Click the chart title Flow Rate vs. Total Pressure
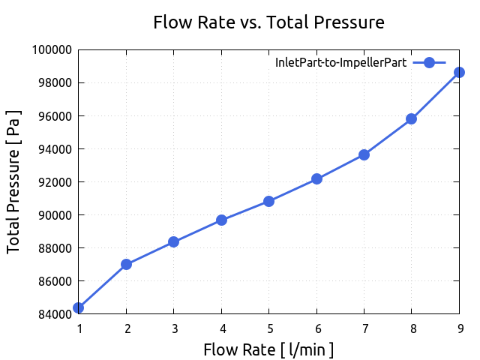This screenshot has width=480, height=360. tap(268, 22)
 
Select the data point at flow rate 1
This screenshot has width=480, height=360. tap(79, 307)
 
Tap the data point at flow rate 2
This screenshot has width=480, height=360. tap(126, 264)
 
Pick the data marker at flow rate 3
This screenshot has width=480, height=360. tap(173, 241)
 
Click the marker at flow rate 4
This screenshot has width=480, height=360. tap(221, 220)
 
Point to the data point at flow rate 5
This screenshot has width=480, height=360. tap(268, 201)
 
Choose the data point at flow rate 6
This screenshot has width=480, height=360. tap(316, 178)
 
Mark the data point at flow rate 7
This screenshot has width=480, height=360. tap(364, 154)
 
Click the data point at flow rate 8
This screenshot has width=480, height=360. tap(411, 118)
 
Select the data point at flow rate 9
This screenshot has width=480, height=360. tap(459, 72)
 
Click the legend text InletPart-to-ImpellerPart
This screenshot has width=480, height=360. tap(341, 63)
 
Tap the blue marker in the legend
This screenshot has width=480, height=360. tap(429, 63)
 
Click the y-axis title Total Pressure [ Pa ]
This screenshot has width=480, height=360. tap(14, 181)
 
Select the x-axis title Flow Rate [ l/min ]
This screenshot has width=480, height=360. tap(268, 349)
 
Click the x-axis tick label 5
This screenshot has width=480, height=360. tap(268, 328)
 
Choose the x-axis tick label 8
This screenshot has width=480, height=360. tap(411, 328)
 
